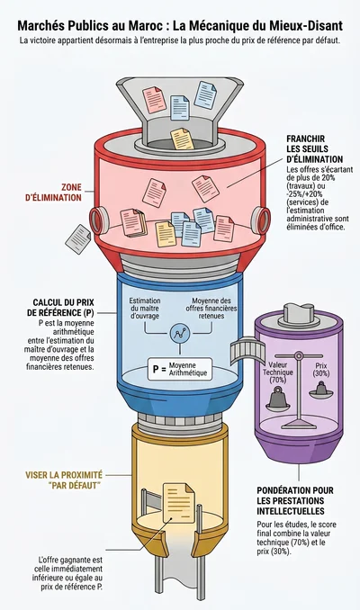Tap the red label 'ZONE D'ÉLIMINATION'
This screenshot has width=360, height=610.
[x=53, y=193]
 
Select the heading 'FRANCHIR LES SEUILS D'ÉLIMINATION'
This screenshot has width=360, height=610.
[x=314, y=148]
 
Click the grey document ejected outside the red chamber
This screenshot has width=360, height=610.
[x=77, y=239]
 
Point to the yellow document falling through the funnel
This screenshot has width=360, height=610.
[x=182, y=139]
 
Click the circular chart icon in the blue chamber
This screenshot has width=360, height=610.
[x=179, y=334]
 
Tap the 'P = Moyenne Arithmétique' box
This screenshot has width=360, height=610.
[x=180, y=369]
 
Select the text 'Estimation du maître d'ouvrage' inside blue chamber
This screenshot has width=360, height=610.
[x=145, y=308]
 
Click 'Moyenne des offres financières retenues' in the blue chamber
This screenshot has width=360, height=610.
[x=211, y=308]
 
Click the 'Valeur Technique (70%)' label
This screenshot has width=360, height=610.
[x=278, y=372]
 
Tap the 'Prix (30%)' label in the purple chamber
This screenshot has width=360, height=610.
[x=321, y=369]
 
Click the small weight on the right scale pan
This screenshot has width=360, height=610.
[x=321, y=389]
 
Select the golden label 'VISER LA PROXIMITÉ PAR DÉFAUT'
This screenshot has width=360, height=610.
[x=64, y=480]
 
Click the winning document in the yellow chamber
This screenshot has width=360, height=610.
[x=178, y=502]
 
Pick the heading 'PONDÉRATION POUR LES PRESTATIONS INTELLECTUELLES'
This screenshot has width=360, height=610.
[x=295, y=500]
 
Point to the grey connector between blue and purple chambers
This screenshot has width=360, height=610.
[x=243, y=350]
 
